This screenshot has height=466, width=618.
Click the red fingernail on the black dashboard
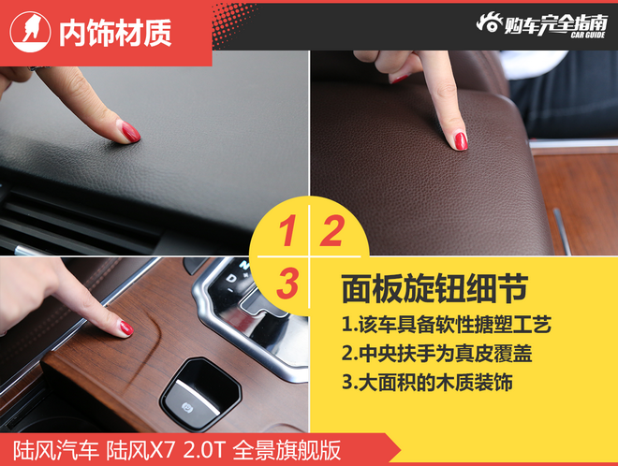[129, 131]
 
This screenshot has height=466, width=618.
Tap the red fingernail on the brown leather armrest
[461, 140]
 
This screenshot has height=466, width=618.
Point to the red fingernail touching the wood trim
[125, 328]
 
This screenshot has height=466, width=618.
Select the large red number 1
[289, 230]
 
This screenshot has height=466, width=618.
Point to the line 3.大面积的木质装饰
[427, 383]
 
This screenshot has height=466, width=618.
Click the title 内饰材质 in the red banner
[115, 34]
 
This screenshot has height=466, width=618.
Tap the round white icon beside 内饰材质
[30, 34]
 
